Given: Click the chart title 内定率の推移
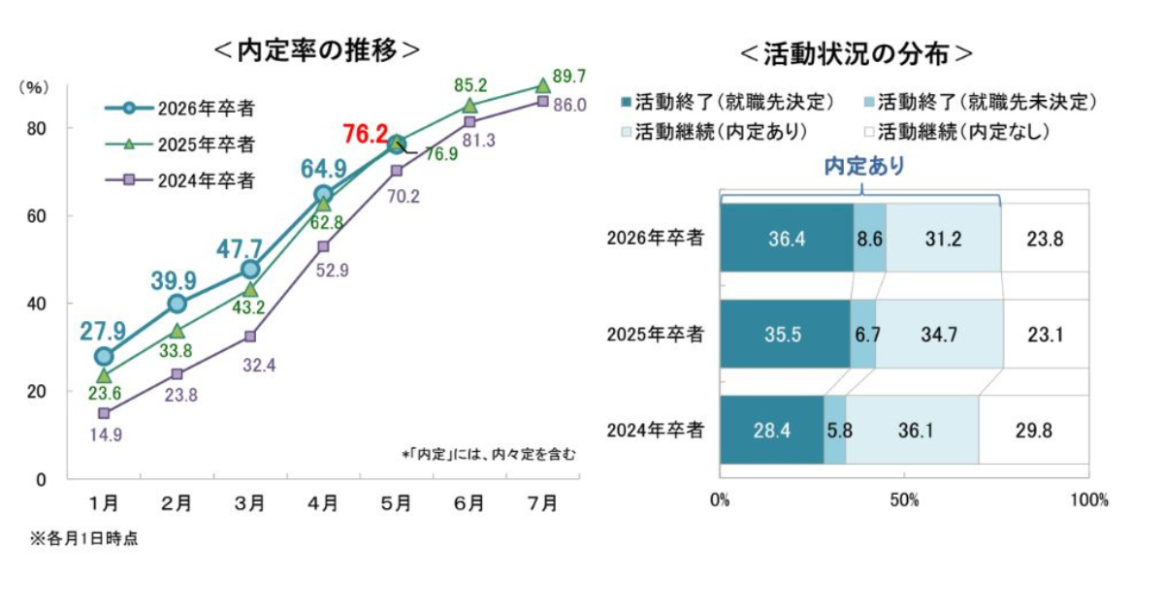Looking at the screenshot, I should pos(316,49).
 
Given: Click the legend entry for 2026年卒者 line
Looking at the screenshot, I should pos(180,108).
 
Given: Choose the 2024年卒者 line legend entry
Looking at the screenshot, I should pos(180,180).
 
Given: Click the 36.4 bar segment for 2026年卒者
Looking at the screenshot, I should pos(787,238).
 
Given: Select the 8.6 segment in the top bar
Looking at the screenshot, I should pos(869,238).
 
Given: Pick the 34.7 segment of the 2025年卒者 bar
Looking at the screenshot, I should pos(939,334).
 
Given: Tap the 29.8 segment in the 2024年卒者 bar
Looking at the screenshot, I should pos(1034,430).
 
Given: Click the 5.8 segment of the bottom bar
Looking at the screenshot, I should pos(834,430).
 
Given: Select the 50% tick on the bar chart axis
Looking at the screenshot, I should pos(905,500).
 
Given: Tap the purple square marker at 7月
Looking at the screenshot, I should pos(543,101).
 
